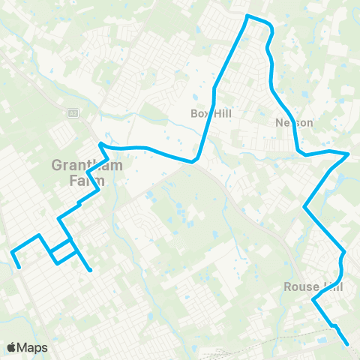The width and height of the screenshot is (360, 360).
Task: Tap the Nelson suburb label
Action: point(294,122)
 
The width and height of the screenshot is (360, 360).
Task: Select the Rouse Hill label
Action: point(313,287)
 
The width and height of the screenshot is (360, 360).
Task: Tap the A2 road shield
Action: point(73,112)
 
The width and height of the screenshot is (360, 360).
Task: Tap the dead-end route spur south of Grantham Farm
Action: point(90,270)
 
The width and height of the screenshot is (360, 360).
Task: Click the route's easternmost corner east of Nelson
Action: point(349,154)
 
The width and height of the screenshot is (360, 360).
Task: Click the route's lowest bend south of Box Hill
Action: point(193,160)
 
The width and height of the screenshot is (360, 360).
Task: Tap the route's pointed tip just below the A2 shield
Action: point(100,142)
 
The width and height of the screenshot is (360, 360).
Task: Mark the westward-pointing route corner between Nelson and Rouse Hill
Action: point(304,205)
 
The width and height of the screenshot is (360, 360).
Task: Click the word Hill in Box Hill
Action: point(217,113)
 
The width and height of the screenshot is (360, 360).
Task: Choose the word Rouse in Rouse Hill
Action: point(301,287)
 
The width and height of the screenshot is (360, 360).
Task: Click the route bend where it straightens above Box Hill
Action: point(214,88)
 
